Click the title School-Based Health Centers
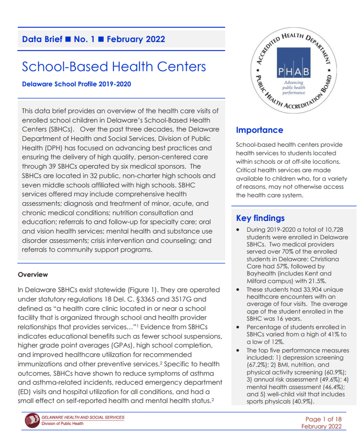114,67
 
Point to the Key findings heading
260,218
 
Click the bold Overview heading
33,274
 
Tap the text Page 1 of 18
323,419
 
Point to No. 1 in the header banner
84,39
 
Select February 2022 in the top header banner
136,39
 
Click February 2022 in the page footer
322,426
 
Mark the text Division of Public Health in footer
63,424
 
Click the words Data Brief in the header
42,39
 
